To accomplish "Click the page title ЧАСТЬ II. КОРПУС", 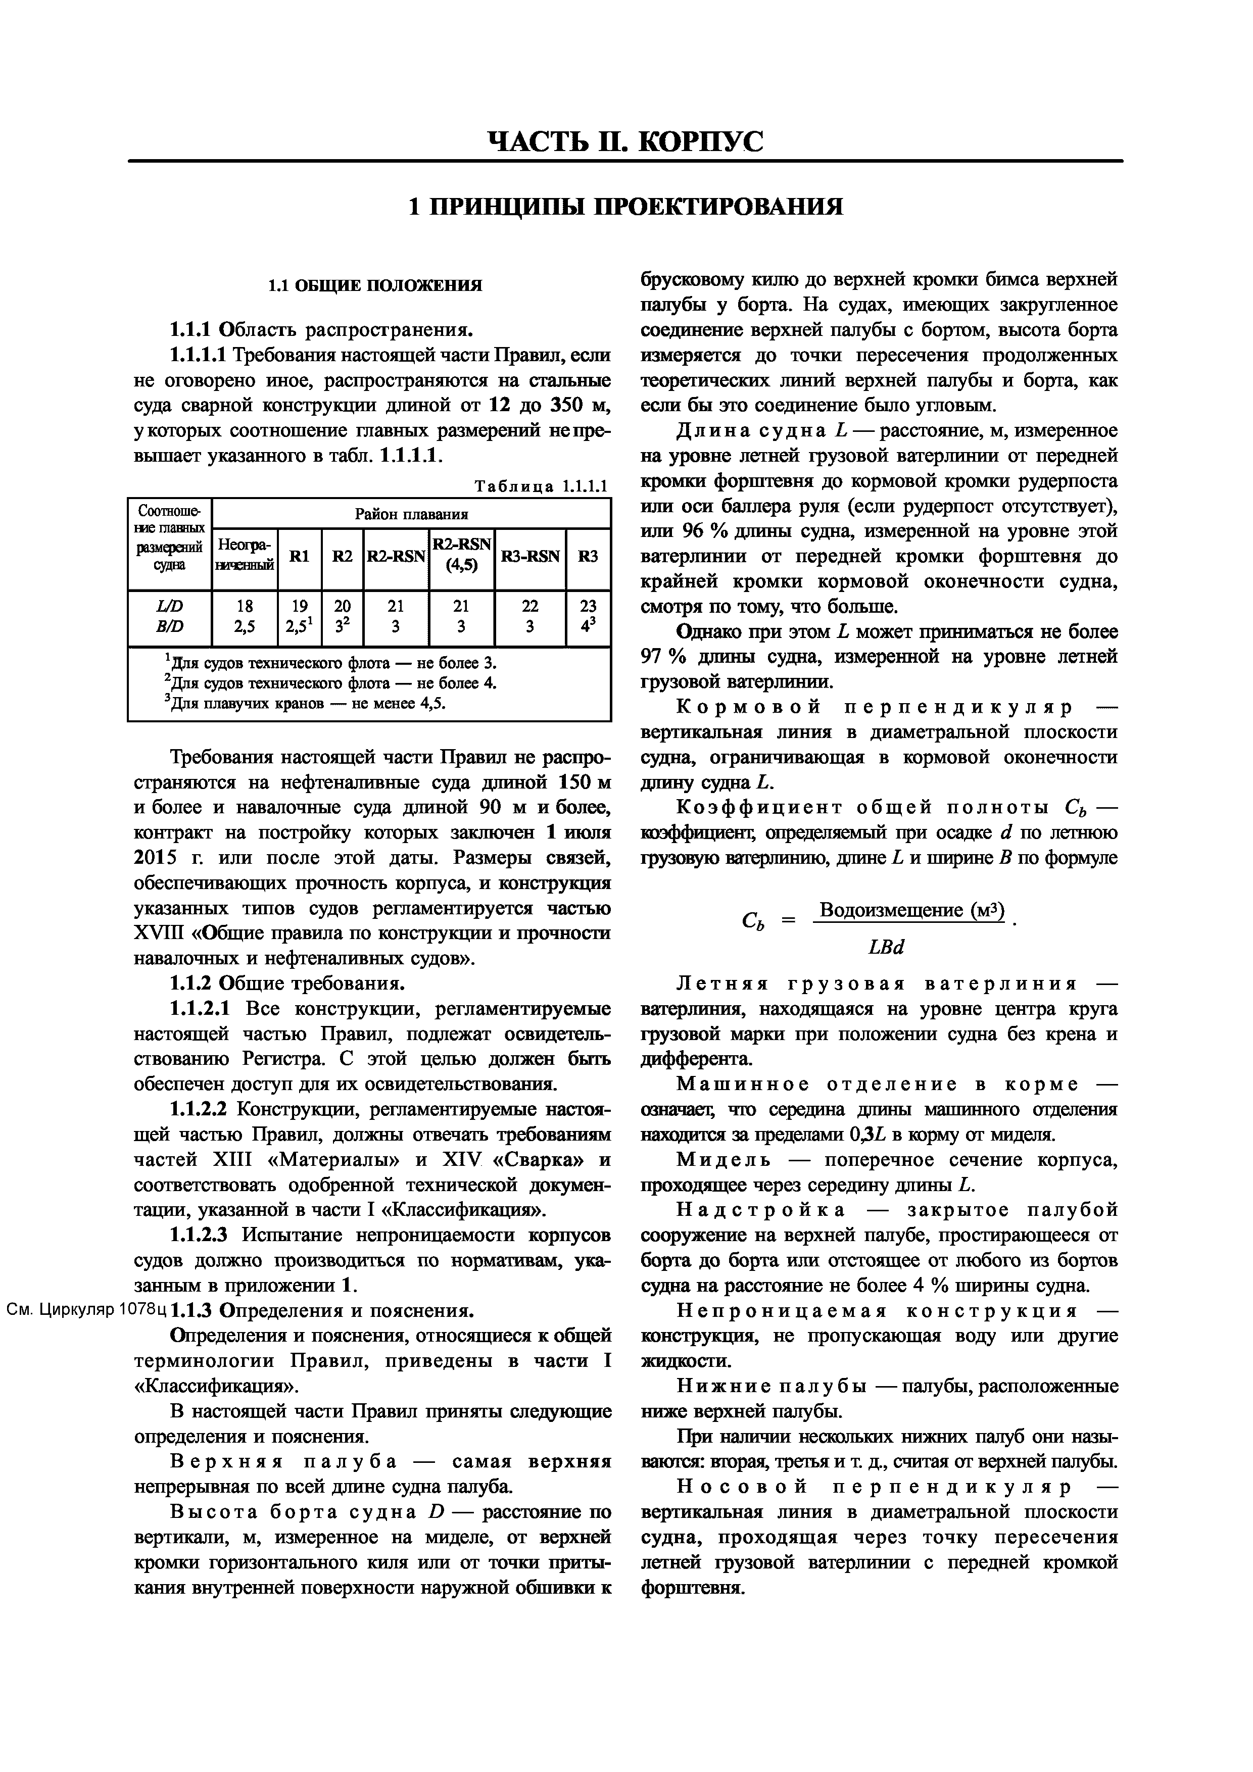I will [x=625, y=141].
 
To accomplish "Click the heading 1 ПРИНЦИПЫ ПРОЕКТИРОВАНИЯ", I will [x=625, y=207].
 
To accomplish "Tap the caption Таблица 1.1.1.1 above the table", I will [x=541, y=486].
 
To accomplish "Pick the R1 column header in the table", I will [x=300, y=557].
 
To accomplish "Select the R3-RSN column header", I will [x=531, y=557].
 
